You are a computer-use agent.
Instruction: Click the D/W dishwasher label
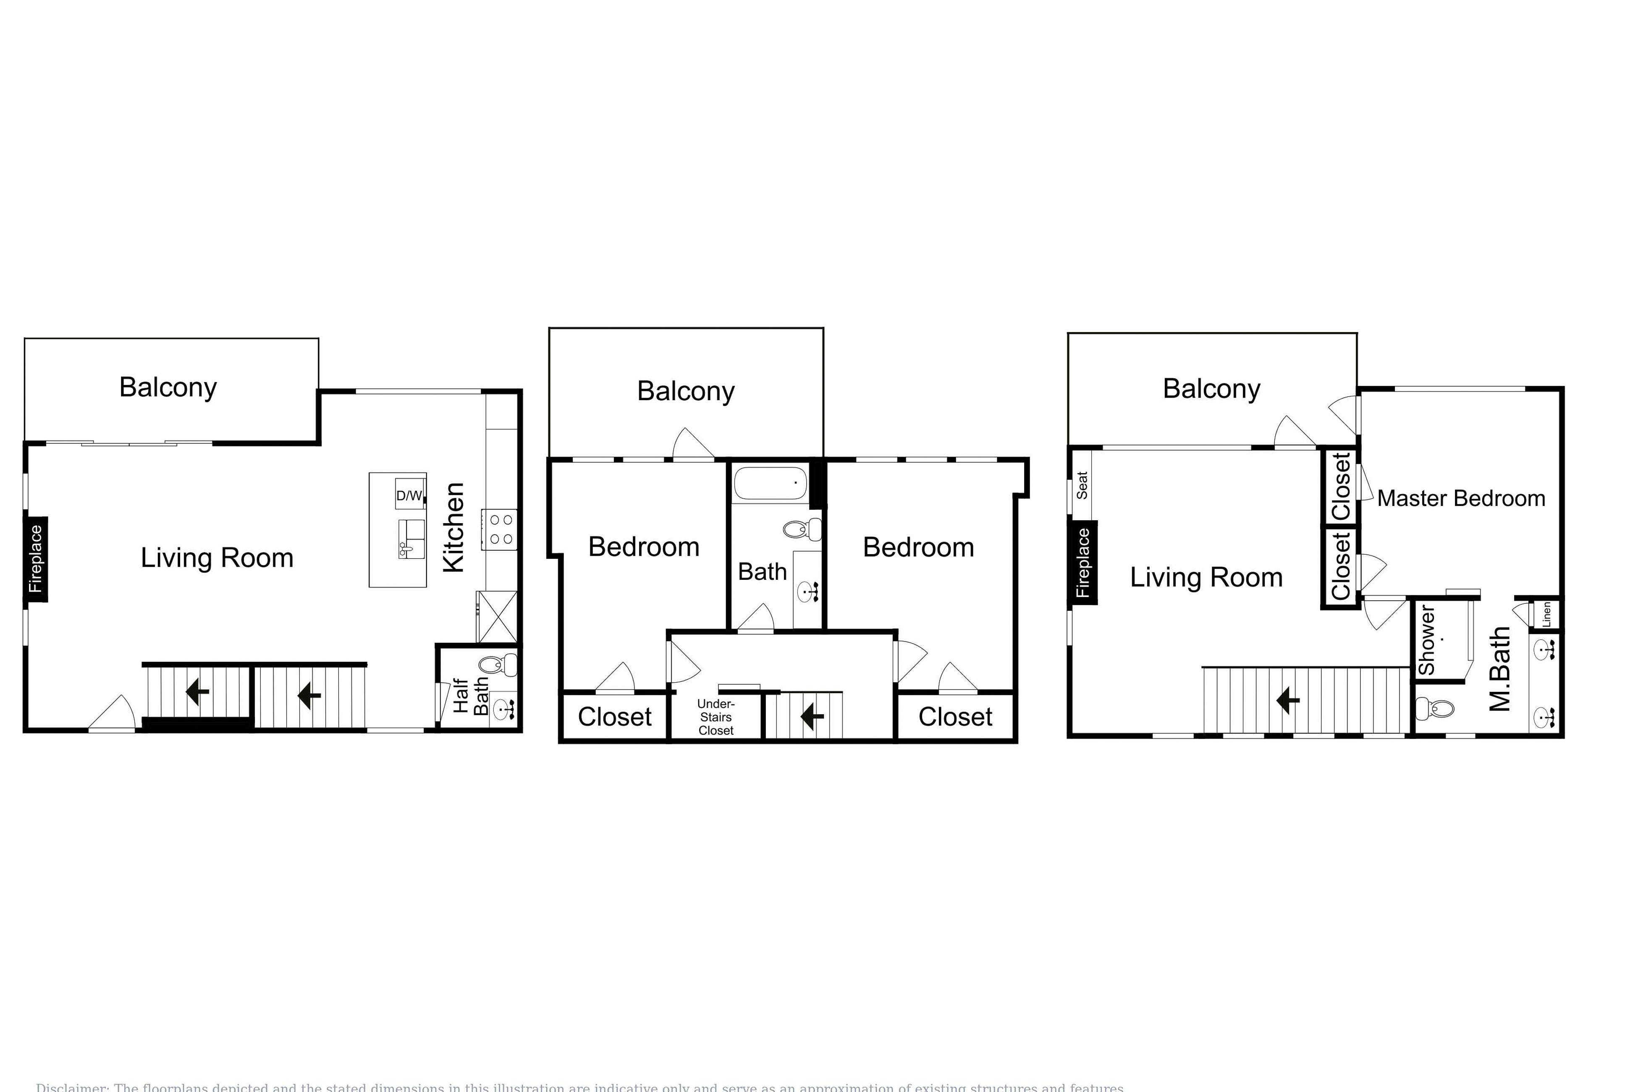(409, 496)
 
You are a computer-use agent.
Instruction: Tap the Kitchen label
(453, 527)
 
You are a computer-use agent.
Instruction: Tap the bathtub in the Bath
(770, 483)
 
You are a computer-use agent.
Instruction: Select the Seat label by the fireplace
(1082, 485)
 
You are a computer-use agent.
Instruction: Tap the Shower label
(1427, 640)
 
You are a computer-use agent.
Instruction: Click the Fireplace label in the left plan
(36, 559)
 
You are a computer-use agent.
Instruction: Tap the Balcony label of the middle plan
(686, 391)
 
